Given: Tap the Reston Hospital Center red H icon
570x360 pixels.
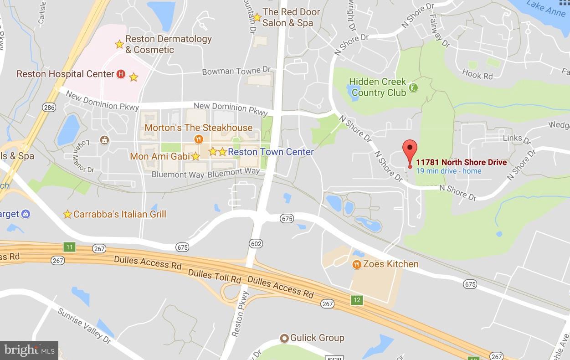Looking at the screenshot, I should coord(121,74).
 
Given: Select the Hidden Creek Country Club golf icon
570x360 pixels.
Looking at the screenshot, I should coord(413,87).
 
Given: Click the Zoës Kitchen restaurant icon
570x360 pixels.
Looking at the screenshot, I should coord(357,264).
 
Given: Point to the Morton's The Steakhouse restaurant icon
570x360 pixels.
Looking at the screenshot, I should coord(198,139).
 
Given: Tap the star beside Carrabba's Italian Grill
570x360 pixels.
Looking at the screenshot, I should coord(67,214).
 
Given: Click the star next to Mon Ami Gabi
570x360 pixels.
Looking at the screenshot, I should coord(195,156).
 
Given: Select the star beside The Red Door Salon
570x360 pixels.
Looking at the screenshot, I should coord(257,17).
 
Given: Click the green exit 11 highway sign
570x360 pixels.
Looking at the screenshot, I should coord(69,247).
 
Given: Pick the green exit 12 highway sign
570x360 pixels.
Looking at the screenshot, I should coord(357,300).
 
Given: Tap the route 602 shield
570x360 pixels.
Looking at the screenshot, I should coord(256,244).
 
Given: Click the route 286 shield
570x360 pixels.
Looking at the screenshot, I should coord(49,108).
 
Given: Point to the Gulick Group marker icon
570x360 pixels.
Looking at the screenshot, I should coord(284,338).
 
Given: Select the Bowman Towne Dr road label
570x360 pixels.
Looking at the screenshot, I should coord(236,71).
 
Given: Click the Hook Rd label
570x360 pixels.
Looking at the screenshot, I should coord(477,74).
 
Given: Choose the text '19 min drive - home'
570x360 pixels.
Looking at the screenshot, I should coord(448,171).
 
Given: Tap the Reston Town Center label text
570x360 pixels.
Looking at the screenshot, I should coord(271,152).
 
